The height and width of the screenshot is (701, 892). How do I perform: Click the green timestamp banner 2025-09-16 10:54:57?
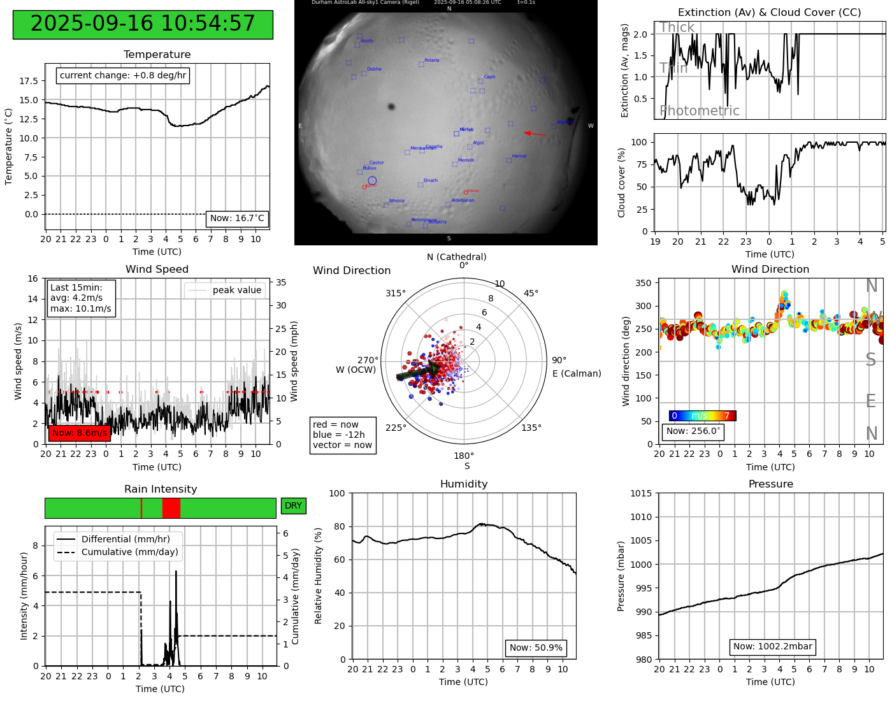point(143,24)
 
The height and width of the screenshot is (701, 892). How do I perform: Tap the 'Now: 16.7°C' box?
point(237,219)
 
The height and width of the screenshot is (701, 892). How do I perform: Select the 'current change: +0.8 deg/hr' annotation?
point(123,76)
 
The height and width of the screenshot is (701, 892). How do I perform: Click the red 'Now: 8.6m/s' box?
point(80,433)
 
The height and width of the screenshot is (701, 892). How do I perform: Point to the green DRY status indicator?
point(293,506)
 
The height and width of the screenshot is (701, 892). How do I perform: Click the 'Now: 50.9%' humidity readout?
point(536,648)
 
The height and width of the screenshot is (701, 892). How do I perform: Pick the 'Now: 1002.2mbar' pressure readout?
point(772,647)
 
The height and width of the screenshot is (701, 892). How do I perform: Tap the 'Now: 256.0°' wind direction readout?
point(693,431)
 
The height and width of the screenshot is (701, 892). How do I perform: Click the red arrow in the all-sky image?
point(535,134)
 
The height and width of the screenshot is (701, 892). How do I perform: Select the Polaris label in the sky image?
point(432,61)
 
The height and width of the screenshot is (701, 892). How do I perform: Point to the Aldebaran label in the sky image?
point(463,201)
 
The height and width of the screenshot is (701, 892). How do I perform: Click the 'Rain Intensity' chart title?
point(161,489)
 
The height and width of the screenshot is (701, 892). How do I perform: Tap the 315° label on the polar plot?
point(395,294)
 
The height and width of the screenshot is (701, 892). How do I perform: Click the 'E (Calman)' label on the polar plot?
point(577,373)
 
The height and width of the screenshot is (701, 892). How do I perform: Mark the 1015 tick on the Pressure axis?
point(641,493)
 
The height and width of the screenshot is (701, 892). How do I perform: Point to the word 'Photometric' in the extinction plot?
point(700,111)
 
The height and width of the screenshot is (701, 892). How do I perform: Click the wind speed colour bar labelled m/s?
point(702,416)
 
